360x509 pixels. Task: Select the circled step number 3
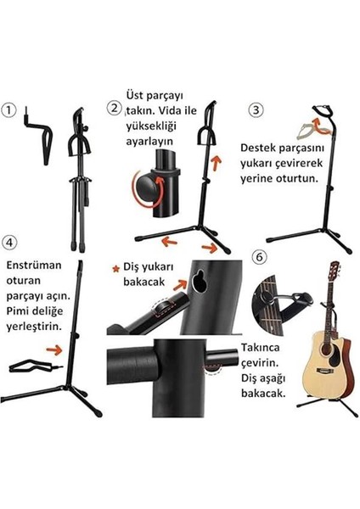(254, 109)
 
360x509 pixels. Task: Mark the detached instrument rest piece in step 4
(30, 367)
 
